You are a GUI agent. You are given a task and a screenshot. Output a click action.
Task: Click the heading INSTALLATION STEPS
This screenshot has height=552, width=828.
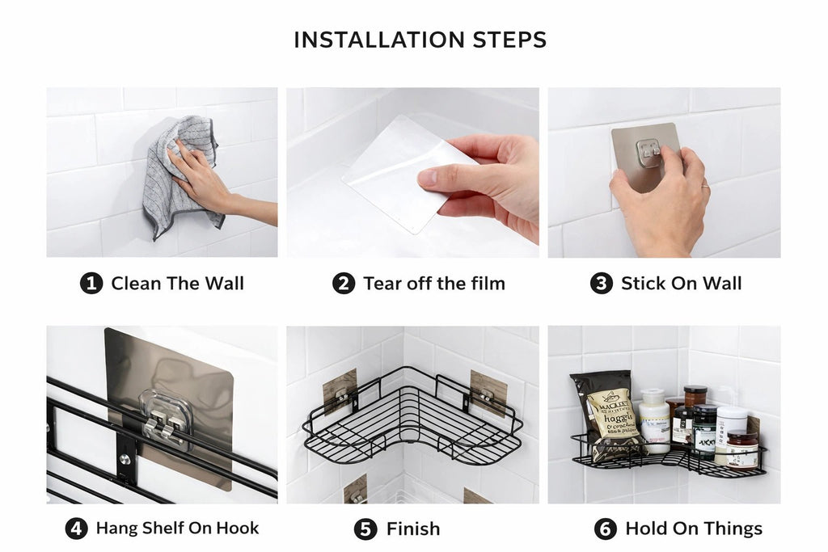[x=420, y=40]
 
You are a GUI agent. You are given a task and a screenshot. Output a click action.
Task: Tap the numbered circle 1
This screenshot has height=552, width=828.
[x=91, y=284]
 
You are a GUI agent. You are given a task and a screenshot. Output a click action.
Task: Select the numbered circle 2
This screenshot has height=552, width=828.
[x=344, y=284]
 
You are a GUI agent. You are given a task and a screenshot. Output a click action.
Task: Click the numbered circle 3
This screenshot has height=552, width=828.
[x=602, y=284]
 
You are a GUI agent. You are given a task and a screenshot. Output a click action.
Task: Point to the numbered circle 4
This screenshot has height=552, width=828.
[x=77, y=529]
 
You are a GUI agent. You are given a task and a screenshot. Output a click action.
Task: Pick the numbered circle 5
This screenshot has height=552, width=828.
[x=365, y=529]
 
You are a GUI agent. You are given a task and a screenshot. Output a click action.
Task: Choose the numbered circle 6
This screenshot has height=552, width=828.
[x=605, y=529]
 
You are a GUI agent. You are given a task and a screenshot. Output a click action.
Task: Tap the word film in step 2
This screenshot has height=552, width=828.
[x=486, y=284]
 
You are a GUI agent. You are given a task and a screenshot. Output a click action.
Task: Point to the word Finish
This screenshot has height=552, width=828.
[x=413, y=529]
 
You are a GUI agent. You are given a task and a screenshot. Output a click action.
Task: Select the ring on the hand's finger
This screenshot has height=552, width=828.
[x=705, y=185]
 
